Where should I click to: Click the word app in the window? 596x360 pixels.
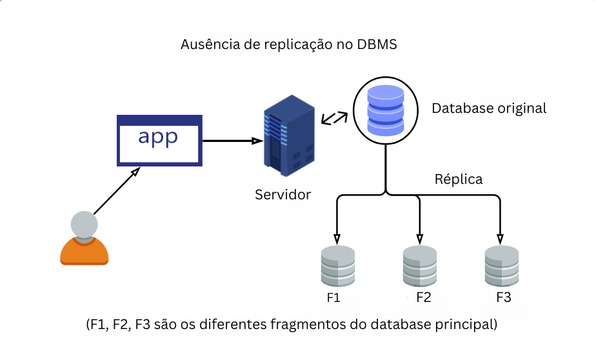coord(158,138)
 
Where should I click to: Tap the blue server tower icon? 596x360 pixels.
coord(288,135)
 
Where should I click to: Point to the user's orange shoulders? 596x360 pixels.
coord(84,252)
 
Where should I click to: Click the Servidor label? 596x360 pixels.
coord(283,194)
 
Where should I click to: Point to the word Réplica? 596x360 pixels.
coord(459,179)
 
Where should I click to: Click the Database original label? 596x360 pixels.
coord(489,108)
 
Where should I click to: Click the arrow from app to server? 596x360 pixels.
coord(232,140)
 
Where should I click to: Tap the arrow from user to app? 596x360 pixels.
coord(116,192)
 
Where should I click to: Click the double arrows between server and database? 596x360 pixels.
coord(334,117)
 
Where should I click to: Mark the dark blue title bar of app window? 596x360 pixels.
coord(159,120)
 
